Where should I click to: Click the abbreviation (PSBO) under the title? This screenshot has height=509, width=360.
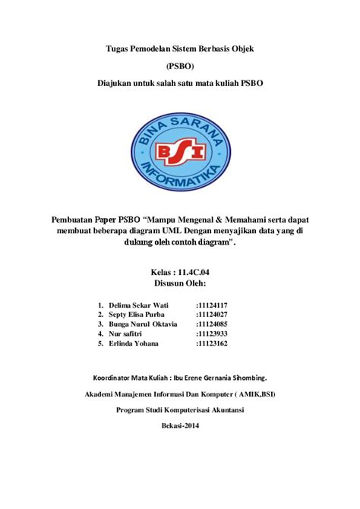click(180, 66)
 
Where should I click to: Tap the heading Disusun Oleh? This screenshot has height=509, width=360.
click(180, 285)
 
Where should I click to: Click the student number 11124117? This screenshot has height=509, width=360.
click(212, 305)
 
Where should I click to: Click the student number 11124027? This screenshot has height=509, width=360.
click(212, 315)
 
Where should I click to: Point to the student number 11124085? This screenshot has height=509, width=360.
click(212, 324)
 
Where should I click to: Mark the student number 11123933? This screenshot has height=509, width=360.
click(212, 334)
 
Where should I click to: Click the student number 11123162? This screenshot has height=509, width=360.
click(212, 344)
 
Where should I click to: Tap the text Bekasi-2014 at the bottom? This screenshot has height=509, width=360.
click(180, 426)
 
